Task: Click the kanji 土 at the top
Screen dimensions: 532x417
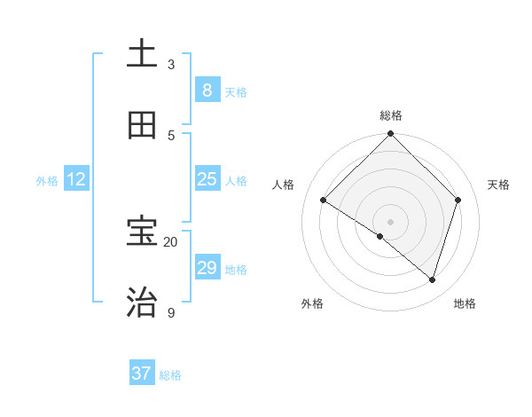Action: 143,54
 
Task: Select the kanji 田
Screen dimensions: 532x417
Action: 143,125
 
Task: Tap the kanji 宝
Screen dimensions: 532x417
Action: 143,232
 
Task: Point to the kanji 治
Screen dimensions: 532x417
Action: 143,303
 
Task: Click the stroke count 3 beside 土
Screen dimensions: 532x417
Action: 171,65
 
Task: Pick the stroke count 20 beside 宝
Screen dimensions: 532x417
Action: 171,242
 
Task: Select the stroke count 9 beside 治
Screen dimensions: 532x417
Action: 171,313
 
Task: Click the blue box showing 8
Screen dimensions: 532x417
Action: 207,90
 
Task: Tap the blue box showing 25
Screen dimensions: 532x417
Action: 207,178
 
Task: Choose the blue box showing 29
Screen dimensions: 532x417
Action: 207,267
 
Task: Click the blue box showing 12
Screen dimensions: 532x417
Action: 76,178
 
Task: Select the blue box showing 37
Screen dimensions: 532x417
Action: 142,374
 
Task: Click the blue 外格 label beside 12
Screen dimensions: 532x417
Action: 47,181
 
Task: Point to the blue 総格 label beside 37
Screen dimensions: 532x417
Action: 170,376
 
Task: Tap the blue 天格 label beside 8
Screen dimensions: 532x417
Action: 235,92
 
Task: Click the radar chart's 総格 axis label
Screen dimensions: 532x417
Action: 391,115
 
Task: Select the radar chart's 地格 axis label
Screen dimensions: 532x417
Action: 465,303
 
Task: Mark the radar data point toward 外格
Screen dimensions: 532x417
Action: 380,237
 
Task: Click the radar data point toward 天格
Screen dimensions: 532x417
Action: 458,200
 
